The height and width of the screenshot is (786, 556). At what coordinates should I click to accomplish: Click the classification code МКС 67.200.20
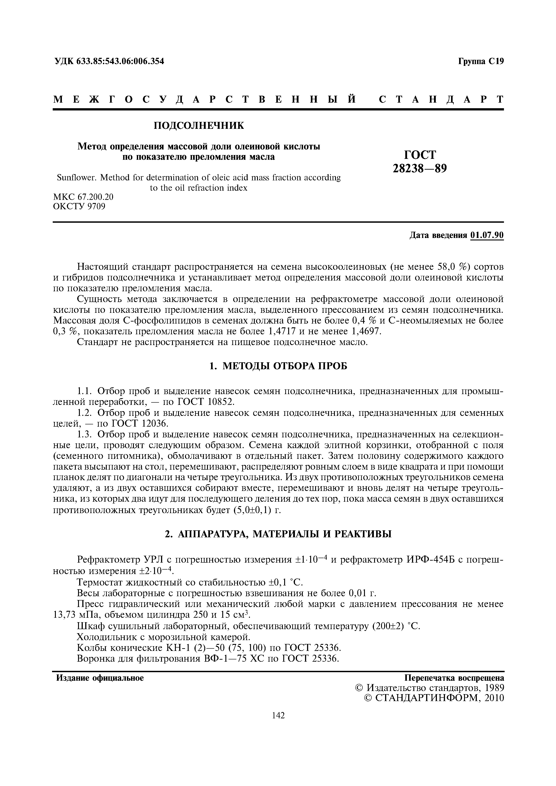click(x=83, y=197)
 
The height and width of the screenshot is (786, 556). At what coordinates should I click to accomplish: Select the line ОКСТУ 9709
click(x=79, y=206)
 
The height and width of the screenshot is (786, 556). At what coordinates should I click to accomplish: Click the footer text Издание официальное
click(x=100, y=678)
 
